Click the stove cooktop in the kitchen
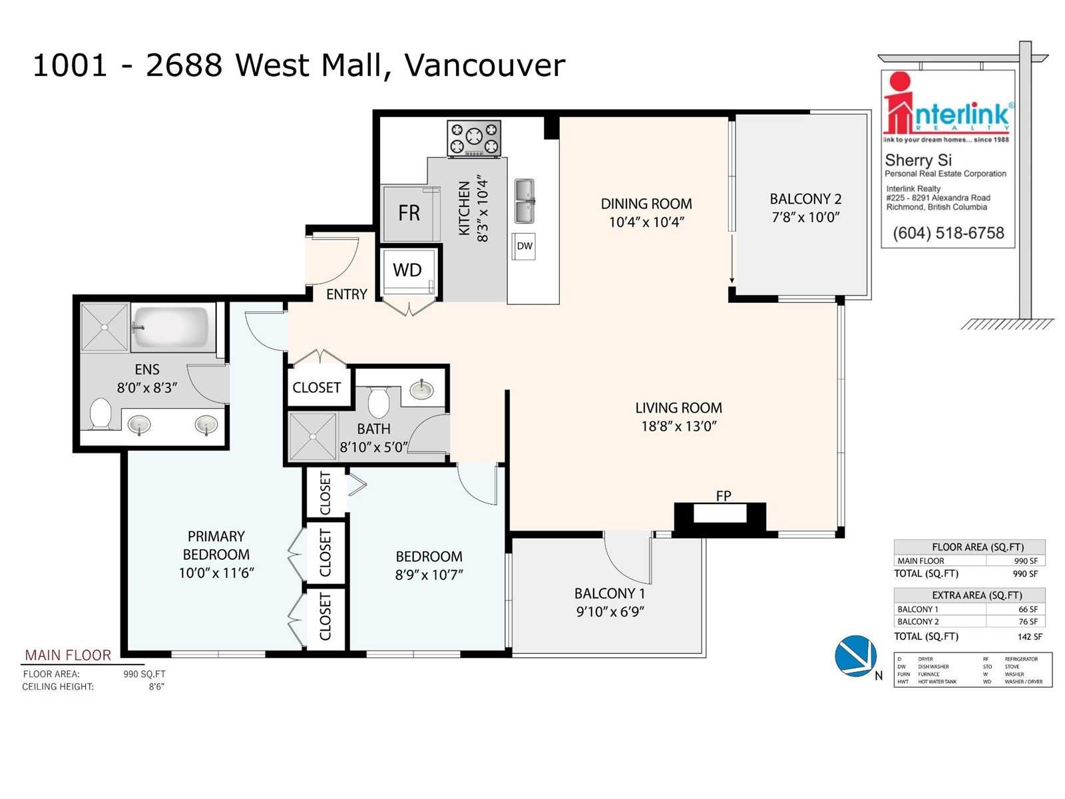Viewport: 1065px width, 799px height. coord(474,138)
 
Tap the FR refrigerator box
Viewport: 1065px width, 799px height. coord(409,213)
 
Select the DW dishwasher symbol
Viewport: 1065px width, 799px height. coord(525,246)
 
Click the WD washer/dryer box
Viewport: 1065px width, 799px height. coord(407,270)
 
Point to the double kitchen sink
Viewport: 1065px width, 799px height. coord(525,201)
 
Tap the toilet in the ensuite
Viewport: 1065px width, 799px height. coord(101,413)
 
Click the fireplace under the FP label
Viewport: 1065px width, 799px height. coord(720,515)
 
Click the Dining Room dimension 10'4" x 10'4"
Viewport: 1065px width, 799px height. coord(646,222)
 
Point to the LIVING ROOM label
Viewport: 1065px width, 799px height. coord(678,408)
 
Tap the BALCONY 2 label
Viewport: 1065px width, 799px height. coord(805,199)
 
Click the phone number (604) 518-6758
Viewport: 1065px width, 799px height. coord(948,233)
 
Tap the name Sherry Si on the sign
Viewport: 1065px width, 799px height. coord(918,160)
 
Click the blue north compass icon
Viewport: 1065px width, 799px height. coord(855,656)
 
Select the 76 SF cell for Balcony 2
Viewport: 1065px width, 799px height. coord(1028,622)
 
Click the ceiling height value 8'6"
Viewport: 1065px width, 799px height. coord(156,686)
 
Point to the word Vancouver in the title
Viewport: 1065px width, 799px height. coord(485,65)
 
